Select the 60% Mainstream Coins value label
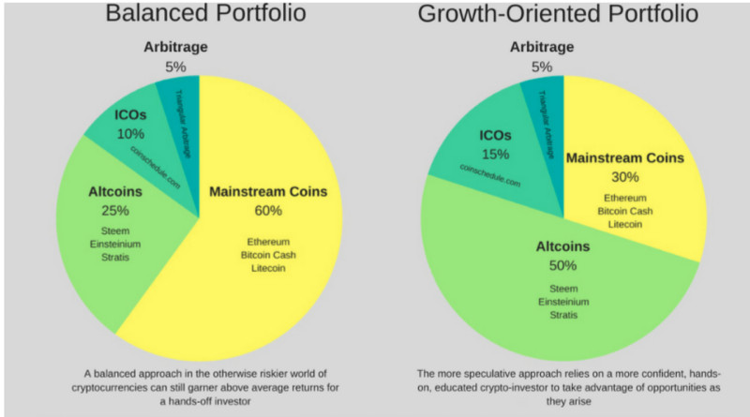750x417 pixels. click(268, 211)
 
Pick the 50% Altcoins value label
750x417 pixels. click(563, 266)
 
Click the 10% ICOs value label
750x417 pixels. click(130, 134)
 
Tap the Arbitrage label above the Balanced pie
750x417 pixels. click(176, 47)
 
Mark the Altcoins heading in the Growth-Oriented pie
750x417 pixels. click(563, 247)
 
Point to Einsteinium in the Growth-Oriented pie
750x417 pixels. click(563, 301)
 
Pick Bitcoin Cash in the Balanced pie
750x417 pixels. click(268, 255)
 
